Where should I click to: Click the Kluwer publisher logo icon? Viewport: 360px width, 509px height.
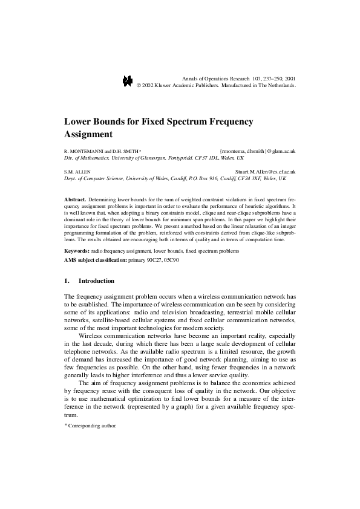128,82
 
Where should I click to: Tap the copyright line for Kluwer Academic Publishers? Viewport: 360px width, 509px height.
217,86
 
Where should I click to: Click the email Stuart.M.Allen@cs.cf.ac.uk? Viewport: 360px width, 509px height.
265,172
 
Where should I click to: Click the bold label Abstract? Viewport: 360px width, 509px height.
75,199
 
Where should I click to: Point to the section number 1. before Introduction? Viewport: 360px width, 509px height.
67,281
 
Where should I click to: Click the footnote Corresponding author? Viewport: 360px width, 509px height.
91,426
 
